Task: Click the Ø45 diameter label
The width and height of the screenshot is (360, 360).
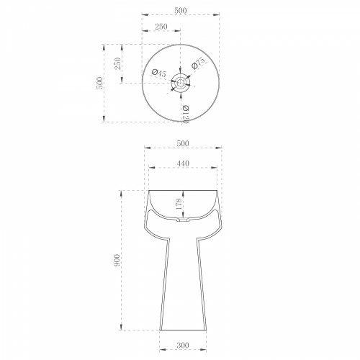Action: click(x=158, y=73)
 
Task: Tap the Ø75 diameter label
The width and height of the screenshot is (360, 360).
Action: click(x=199, y=63)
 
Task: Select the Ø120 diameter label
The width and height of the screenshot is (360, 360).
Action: click(x=186, y=114)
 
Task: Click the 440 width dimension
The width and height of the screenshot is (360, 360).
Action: click(x=183, y=163)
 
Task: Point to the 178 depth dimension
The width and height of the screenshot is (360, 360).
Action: click(x=179, y=204)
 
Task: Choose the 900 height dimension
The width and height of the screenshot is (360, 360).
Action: click(x=117, y=260)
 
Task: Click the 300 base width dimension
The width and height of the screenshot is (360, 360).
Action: click(x=183, y=346)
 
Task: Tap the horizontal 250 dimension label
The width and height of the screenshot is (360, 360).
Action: click(x=161, y=27)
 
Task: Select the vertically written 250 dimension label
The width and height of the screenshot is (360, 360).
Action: click(x=118, y=63)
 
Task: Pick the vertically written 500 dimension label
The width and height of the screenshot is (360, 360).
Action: click(x=99, y=83)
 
